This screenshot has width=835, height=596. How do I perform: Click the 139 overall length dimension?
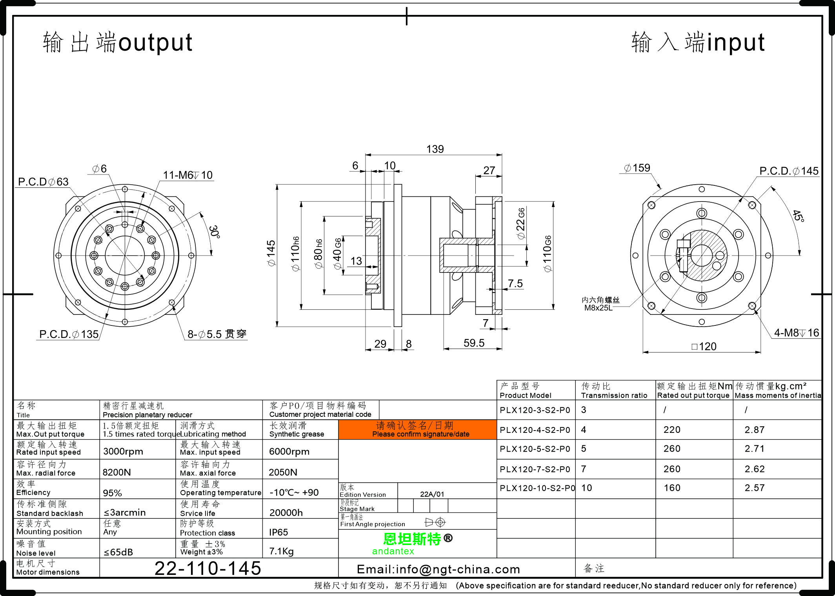click(x=435, y=149)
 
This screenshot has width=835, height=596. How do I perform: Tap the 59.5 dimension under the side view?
click(x=474, y=343)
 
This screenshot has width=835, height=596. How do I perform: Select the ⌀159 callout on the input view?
click(x=637, y=168)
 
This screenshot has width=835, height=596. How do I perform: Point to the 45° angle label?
click(x=798, y=215)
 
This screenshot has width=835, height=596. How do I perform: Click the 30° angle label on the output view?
click(x=214, y=232)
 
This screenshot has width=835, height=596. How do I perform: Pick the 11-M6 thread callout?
click(x=187, y=175)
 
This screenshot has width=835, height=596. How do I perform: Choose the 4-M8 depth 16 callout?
click(x=796, y=333)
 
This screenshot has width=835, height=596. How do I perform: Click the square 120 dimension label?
click(x=704, y=347)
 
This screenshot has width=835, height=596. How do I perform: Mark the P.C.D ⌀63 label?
click(x=43, y=182)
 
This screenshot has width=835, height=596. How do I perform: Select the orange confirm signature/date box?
click(x=417, y=430)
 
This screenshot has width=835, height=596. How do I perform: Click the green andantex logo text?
click(x=393, y=551)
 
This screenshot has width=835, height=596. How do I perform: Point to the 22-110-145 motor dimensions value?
click(x=208, y=568)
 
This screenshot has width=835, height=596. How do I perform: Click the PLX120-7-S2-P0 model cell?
click(x=535, y=469)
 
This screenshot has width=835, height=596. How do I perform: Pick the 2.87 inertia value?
click(x=755, y=430)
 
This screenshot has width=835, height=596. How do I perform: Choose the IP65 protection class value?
click(x=278, y=532)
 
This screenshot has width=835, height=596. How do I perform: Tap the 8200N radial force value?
click(x=117, y=472)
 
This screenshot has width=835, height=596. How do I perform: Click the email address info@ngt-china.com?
click(x=438, y=569)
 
